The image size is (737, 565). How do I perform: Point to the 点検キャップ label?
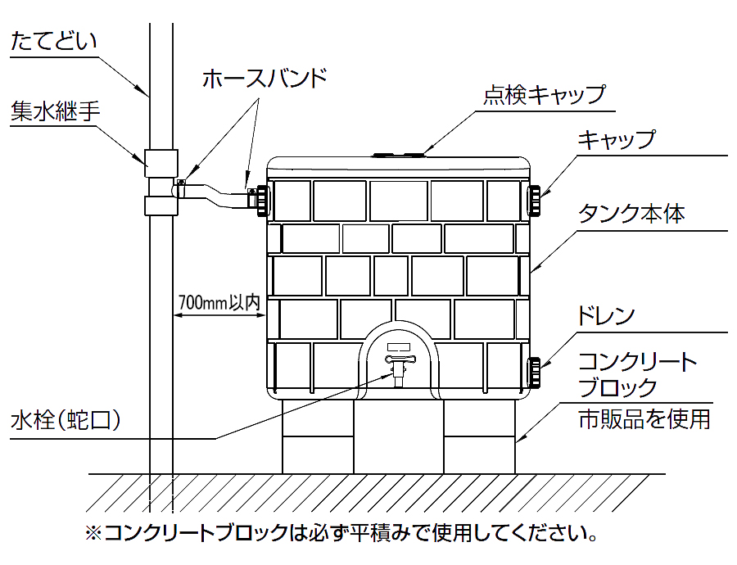(544, 95)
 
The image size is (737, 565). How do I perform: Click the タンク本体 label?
(631, 215)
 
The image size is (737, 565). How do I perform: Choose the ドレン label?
(607, 316)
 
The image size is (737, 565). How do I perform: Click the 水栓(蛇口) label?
(66, 422)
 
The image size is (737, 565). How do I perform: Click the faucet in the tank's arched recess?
(399, 366)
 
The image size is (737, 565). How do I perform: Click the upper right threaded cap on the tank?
(533, 199)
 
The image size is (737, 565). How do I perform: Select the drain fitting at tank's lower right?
(533, 373)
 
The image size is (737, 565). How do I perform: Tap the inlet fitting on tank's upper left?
(261, 199)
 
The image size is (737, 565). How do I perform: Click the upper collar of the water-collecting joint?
(161, 162)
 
